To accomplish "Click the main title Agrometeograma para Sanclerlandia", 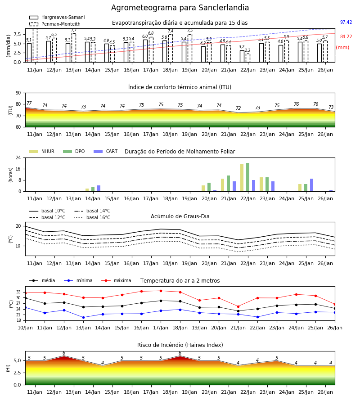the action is pos(180,8).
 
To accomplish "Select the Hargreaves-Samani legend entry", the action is pos(57,17).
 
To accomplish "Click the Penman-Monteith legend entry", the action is pos(55,24).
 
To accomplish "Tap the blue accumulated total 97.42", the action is pos(346,22).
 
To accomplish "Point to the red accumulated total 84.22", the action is pos(346,37).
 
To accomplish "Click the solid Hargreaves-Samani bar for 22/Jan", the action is pos(242,56).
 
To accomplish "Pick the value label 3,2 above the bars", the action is pos(242,47).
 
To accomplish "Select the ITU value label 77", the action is pos(29,103).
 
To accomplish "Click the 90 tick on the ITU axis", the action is pos(18,93).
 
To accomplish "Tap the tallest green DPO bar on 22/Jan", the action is pos(247,177).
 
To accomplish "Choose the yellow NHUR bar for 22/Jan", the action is pos(242,178).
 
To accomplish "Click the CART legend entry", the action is pos(105,151).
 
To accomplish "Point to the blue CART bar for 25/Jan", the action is pos(311,185).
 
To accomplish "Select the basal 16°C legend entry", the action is pos(92,217).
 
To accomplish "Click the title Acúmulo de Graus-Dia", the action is pos(180,216).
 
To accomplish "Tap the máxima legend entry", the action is pos(116,280).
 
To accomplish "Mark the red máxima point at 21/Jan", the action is pos(238,306).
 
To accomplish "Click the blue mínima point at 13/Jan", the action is pos(83,317).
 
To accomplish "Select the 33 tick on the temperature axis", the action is pos(18,292).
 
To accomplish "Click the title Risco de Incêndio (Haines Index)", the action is pos(180,345).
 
